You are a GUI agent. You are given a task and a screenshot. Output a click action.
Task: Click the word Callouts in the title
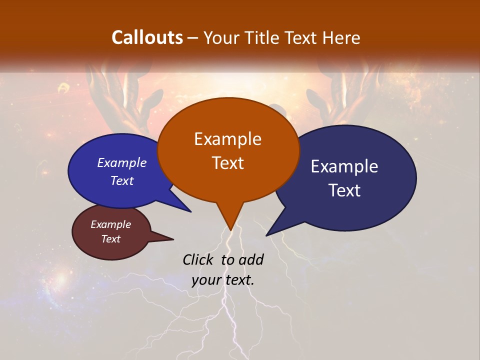coord(147,38)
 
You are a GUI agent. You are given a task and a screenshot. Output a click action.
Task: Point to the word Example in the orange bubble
coord(228,139)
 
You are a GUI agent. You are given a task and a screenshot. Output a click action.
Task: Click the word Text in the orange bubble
coord(228,163)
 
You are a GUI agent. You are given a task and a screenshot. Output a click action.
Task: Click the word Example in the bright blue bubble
coord(122,163)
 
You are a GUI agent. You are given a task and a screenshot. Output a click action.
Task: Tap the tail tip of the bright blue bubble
coord(190,211)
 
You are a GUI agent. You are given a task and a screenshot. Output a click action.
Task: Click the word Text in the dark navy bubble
coord(345,190)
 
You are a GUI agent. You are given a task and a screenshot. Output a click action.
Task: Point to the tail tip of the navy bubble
coord(267,234)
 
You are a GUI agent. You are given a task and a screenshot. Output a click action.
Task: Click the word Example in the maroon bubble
coord(111,225)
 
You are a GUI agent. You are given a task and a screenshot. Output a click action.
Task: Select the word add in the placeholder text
coord(251,260)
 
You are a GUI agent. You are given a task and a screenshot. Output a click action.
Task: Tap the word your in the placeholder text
coord(206,280)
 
